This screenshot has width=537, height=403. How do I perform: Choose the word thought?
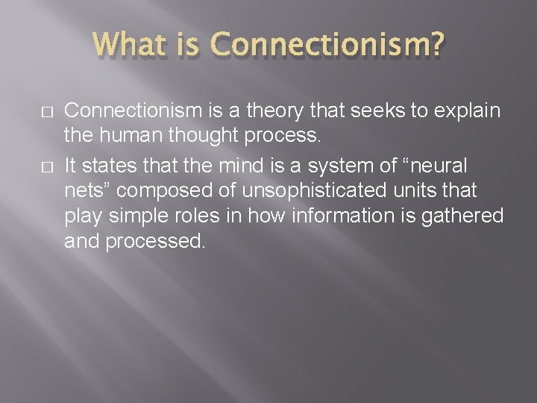click(190, 137)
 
